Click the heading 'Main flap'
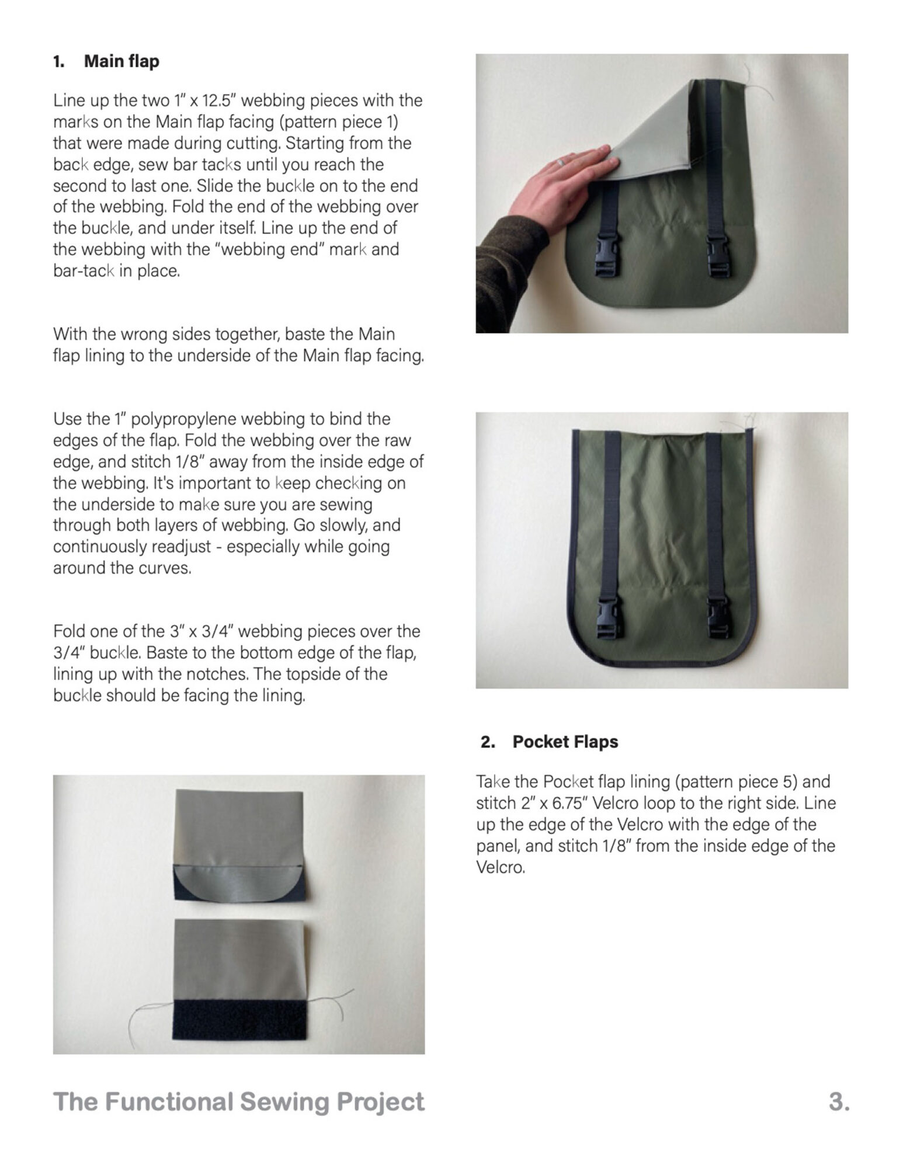(121, 61)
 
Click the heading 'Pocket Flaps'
(565, 742)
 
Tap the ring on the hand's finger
(560, 161)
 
